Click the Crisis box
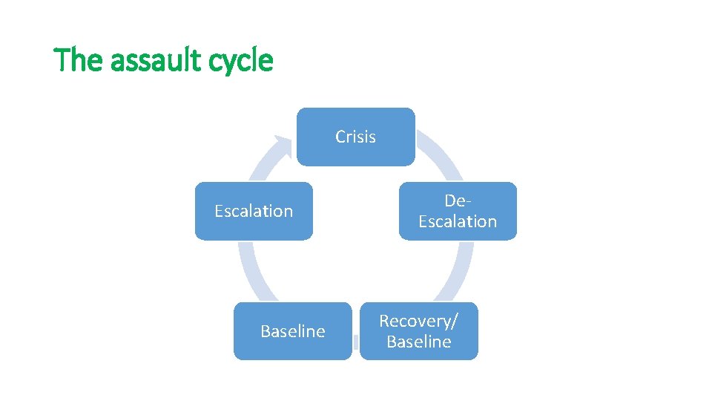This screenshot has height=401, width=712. click(355, 137)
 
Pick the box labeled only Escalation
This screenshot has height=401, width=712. click(254, 211)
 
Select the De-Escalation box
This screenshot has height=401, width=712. click(457, 211)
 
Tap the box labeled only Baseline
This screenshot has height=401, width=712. click(292, 331)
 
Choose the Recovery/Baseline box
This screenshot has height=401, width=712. click(418, 331)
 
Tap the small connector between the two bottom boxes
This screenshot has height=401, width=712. click(356, 342)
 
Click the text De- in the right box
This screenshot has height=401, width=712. click(458, 201)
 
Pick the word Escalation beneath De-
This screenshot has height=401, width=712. click(458, 221)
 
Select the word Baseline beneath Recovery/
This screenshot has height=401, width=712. click(418, 342)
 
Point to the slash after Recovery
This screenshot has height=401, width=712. click(455, 321)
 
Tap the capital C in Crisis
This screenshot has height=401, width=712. click(340, 137)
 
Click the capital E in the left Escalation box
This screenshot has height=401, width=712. click(219, 211)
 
